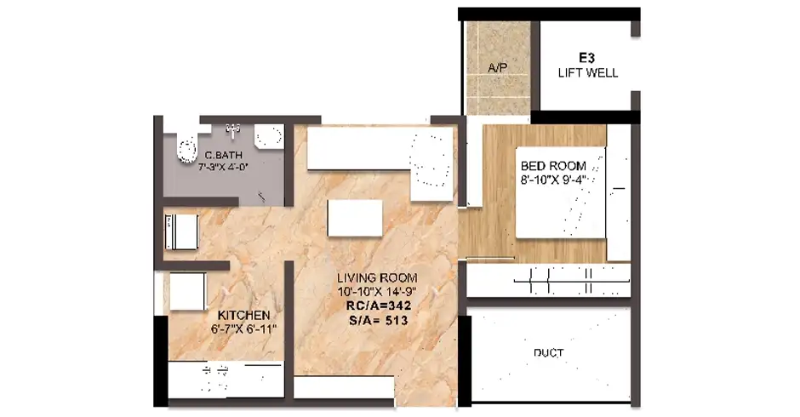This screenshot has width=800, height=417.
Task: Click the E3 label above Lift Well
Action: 586,58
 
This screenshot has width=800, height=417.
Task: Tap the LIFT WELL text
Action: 588,73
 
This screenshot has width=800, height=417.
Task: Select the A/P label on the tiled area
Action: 498,67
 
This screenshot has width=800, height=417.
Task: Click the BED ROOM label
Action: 553,166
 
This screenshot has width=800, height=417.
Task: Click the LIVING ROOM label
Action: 377,278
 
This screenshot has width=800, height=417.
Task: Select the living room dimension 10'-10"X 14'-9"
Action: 377,292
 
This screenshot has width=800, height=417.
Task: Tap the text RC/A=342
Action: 378,306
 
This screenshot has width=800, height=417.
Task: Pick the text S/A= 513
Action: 378,320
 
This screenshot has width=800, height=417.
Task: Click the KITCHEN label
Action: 243,315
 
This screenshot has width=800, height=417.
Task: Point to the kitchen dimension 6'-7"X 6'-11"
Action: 243,328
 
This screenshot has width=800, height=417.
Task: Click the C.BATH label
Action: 223,155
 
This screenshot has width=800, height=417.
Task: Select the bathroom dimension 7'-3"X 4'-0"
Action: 223,166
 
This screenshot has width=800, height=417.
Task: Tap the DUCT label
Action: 548,352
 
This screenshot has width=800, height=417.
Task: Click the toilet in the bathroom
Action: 186,149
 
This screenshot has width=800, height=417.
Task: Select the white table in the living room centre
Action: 355,218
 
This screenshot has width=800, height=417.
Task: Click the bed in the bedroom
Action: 561,192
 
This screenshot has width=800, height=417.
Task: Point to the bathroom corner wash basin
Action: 268,137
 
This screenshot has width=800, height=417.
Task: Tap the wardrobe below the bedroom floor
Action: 548,280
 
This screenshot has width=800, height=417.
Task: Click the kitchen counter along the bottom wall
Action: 226,380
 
